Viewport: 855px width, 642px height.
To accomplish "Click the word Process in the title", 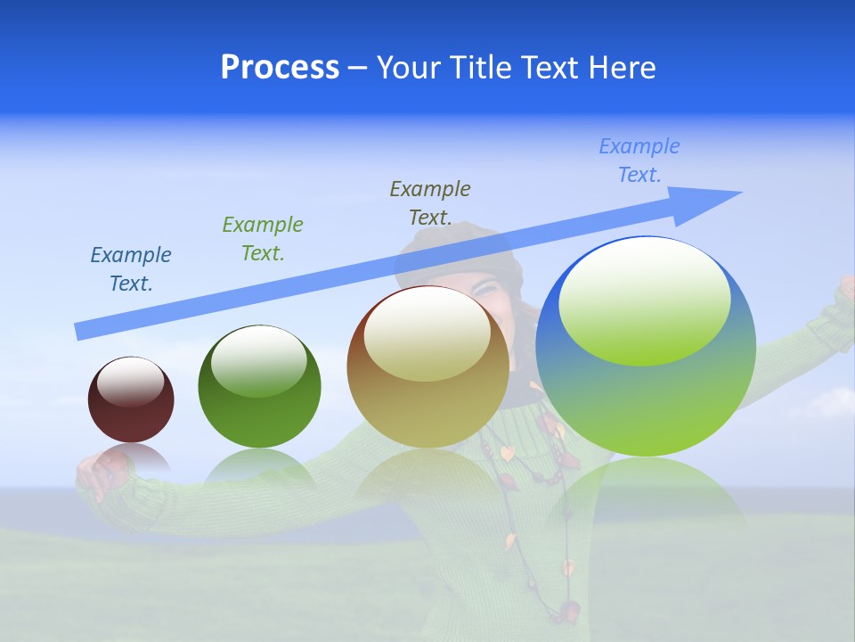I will [x=280, y=68].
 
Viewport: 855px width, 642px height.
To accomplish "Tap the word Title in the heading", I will [x=481, y=68].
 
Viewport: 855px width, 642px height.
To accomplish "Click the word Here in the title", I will [x=621, y=68].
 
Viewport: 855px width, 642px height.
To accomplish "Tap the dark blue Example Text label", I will [x=131, y=269].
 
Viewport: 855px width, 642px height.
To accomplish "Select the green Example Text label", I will [x=263, y=239].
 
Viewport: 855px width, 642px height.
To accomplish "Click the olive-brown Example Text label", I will [x=430, y=203].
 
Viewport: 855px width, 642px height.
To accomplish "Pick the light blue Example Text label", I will [x=639, y=160].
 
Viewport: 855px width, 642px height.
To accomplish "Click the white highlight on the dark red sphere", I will [x=131, y=383].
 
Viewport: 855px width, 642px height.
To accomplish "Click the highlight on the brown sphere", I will [x=427, y=334].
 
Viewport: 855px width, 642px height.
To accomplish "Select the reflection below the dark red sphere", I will [x=131, y=460].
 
